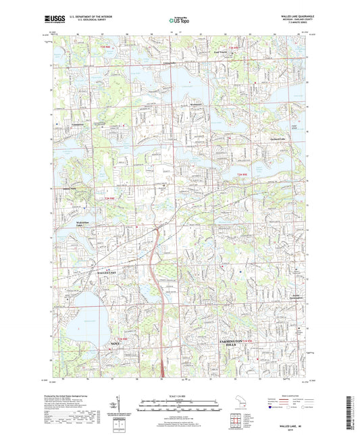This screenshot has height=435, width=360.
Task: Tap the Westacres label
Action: [x=195, y=105]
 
